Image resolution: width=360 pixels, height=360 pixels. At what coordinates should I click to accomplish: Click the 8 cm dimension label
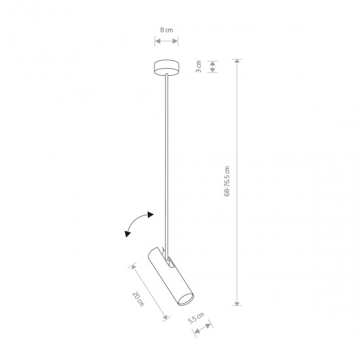click(x=166, y=30)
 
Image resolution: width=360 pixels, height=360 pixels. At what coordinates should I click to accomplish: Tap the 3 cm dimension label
click(x=198, y=67)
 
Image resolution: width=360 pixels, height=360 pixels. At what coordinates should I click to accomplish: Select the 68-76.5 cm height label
click(x=227, y=181)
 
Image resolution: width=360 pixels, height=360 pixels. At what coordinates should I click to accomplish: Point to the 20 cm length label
click(x=138, y=299)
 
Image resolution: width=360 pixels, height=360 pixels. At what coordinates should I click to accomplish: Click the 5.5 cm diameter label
click(x=196, y=318)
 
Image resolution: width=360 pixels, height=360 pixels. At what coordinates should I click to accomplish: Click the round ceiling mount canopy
click(x=166, y=67)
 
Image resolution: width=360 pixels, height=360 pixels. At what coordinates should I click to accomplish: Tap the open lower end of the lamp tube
click(x=186, y=299)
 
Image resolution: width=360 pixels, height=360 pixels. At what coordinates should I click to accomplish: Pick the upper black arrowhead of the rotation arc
click(x=151, y=215)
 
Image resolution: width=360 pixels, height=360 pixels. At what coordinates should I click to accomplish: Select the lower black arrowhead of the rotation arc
click(x=128, y=234)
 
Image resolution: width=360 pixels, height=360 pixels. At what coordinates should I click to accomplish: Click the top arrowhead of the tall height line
click(x=237, y=61)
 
